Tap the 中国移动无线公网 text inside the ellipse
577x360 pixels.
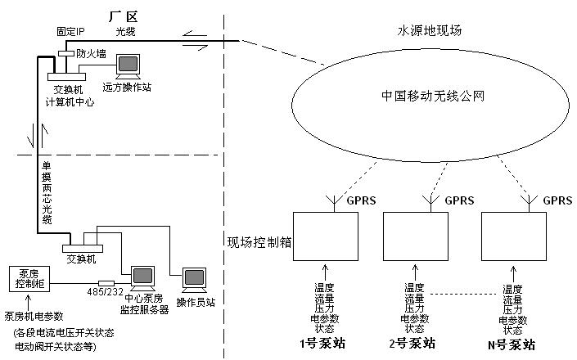(x=434, y=96)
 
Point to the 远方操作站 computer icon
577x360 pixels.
(x=128, y=65)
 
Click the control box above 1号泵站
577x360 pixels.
(x=325, y=239)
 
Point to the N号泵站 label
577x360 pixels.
(x=512, y=344)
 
